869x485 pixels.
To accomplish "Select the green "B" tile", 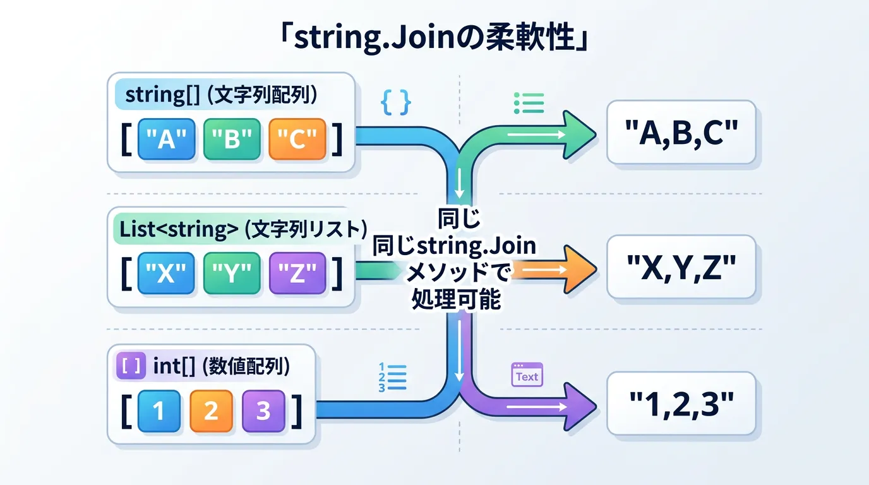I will [x=232, y=139].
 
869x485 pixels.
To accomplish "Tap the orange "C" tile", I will [x=297, y=139].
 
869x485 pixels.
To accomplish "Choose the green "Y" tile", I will [x=232, y=274].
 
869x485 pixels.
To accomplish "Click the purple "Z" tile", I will [x=297, y=274].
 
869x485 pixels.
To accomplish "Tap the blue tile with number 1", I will [x=159, y=411].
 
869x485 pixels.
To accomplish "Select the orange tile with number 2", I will [x=211, y=411].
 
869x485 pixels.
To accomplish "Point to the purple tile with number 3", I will [x=263, y=411].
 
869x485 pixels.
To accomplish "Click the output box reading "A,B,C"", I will [x=681, y=132].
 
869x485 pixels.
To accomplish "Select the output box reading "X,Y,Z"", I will [x=681, y=267].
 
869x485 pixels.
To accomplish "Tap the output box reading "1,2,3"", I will [x=681, y=403].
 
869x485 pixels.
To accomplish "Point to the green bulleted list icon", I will [x=529, y=102].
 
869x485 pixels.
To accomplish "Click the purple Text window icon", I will [x=526, y=374].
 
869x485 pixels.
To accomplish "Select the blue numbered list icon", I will [x=390, y=377].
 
